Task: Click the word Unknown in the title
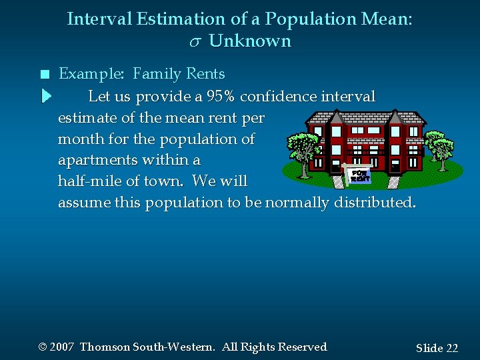click(x=250, y=41)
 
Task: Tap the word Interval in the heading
click(x=99, y=19)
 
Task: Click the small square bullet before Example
click(x=45, y=75)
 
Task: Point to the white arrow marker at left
click(x=45, y=97)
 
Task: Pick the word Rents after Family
click(x=205, y=74)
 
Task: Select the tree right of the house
click(x=440, y=147)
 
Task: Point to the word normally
click(x=297, y=203)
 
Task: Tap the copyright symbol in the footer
click(x=43, y=347)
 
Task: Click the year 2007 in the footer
click(x=61, y=347)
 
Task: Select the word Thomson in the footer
click(x=105, y=347)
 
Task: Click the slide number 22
click(x=452, y=348)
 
